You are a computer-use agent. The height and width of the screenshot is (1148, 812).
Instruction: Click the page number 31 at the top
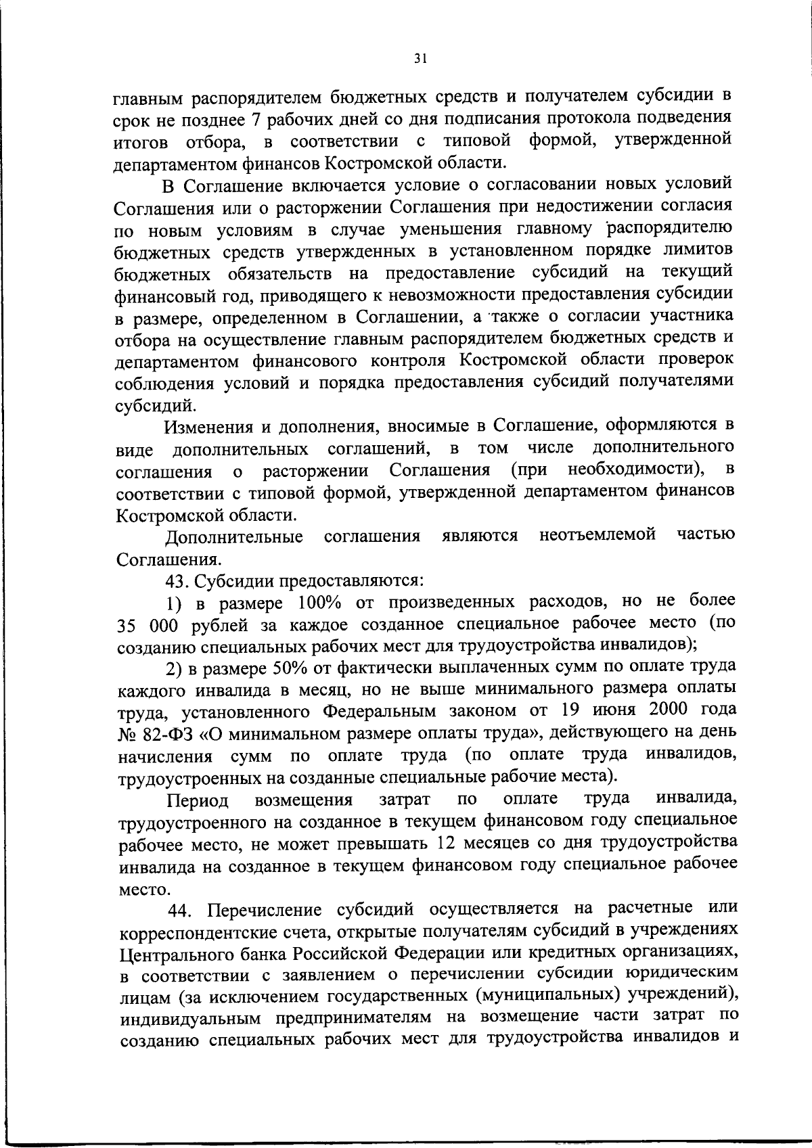point(420,59)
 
